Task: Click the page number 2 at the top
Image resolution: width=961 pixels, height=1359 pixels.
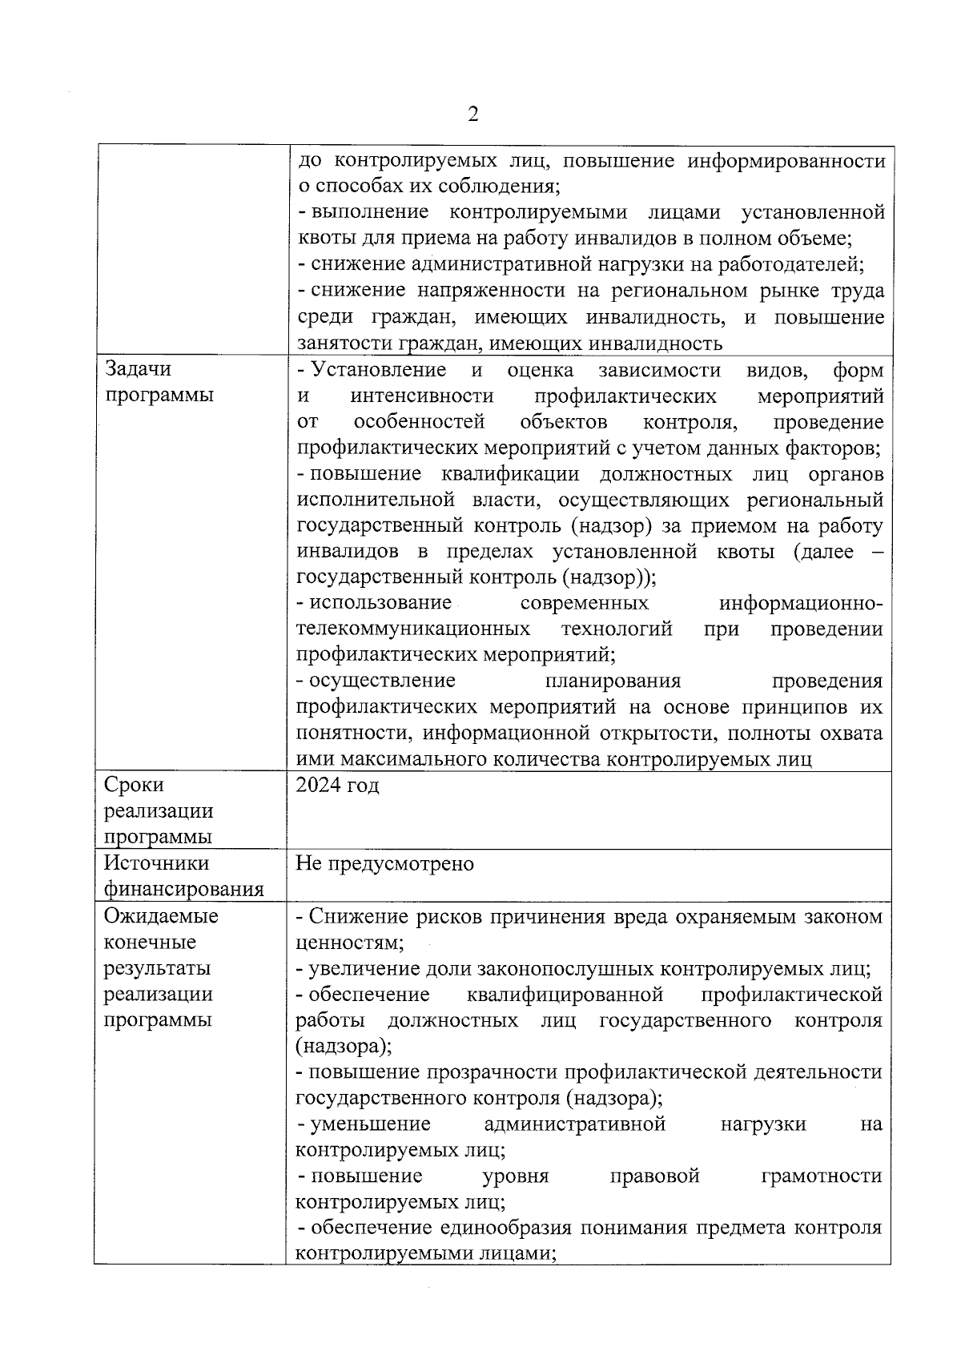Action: [x=472, y=115]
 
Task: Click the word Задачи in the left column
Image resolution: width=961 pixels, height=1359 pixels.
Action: [x=139, y=369]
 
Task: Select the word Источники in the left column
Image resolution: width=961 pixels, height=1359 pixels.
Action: [x=157, y=863]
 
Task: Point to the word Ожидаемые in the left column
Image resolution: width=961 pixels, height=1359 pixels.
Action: [x=161, y=916]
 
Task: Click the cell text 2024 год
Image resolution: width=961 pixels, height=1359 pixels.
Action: [x=337, y=785]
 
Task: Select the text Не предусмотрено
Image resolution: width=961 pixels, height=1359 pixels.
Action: [x=384, y=864]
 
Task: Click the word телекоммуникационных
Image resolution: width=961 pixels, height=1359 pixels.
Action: [x=412, y=629]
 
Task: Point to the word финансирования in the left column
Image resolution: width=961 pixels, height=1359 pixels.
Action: [x=184, y=890]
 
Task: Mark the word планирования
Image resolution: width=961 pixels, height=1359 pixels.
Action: [x=613, y=682]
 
